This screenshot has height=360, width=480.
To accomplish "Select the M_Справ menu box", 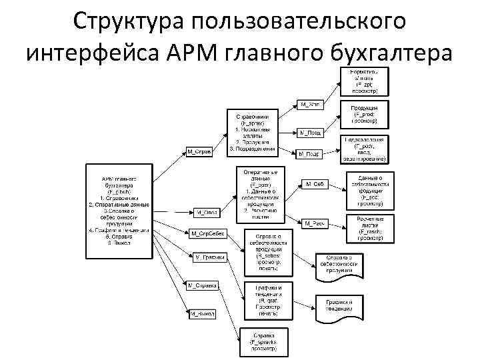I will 199,151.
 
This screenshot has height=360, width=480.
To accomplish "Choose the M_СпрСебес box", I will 208,234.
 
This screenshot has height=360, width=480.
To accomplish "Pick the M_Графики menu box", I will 209,257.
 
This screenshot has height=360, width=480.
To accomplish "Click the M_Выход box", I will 203,313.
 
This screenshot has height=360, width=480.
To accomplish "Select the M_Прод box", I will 310,133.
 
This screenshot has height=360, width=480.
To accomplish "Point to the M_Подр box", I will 310,154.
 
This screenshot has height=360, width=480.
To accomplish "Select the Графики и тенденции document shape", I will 340,306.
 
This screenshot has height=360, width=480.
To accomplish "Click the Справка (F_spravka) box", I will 264,341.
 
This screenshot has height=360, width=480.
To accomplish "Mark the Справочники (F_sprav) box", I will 251,129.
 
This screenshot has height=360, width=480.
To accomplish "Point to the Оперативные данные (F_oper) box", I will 261,194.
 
